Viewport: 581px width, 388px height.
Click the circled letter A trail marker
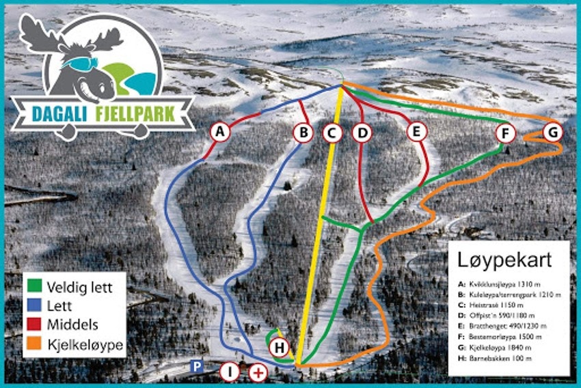coord(219,131)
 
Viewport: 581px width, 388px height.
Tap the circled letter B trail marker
coord(303,133)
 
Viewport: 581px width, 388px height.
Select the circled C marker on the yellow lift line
coord(332,133)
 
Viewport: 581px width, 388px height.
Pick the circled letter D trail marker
coord(362,133)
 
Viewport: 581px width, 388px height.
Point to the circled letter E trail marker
coord(416,131)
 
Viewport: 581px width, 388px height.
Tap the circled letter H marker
coord(279,348)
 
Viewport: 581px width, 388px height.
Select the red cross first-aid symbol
coord(258,372)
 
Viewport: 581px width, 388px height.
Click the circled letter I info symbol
coord(230,372)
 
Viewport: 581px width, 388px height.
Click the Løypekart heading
coord(504,260)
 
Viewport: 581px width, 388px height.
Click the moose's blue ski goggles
coord(81,63)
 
